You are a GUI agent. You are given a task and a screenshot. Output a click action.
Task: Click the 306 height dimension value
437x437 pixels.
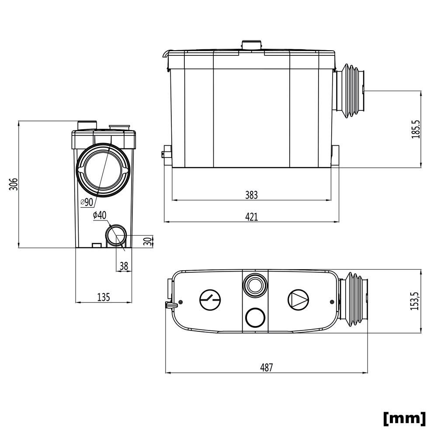14,184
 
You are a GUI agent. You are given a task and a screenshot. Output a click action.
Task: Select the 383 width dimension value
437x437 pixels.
251,195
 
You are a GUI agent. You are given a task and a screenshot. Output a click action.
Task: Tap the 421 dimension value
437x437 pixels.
251,217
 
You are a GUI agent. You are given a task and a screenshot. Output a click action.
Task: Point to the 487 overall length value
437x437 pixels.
267,368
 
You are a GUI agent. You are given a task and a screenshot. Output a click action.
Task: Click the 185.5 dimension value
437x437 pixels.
416,129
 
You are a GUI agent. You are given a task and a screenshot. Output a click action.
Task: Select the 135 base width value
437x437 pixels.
104,297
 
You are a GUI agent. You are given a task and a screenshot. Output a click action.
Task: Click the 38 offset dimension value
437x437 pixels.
124,266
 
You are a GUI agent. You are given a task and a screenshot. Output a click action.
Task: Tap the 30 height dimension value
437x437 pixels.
149,241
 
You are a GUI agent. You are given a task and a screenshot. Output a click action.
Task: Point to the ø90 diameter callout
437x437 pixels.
87,202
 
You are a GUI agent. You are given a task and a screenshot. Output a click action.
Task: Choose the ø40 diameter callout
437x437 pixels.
100,215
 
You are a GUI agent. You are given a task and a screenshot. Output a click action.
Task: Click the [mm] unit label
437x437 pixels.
404,418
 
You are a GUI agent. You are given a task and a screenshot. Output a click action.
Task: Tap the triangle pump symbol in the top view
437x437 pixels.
298,300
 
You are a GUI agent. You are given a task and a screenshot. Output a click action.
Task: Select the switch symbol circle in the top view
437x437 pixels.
210,300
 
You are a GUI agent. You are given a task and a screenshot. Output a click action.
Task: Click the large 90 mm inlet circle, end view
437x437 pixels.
103,170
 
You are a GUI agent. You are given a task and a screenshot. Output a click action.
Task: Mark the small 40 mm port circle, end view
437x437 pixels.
116,235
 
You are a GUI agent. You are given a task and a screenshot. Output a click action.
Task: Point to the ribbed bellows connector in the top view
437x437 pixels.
353,299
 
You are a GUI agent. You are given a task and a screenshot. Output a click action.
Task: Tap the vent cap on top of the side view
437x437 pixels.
252,45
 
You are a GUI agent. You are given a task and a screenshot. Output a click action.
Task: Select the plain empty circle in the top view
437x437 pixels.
255,318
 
